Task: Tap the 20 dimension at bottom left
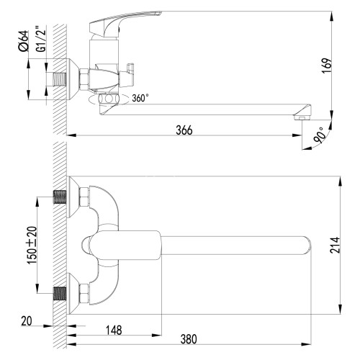[26, 322]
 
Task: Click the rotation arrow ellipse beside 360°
[109, 101]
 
